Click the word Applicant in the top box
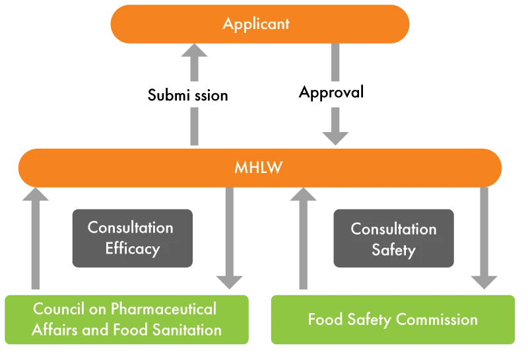[256, 24]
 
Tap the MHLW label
[258, 167]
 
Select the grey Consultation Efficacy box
[132, 237]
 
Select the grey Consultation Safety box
[393, 239]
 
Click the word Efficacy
[132, 249]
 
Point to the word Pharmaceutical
[163, 308]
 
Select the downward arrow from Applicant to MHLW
[335, 99]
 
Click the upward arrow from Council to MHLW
[34, 238]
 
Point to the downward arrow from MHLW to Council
[230, 238]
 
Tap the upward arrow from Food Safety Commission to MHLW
[303, 238]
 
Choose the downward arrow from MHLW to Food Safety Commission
[483, 238]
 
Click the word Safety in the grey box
[393, 250]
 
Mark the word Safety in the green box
[372, 320]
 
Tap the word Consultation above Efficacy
[131, 228]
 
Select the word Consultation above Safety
[393, 229]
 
